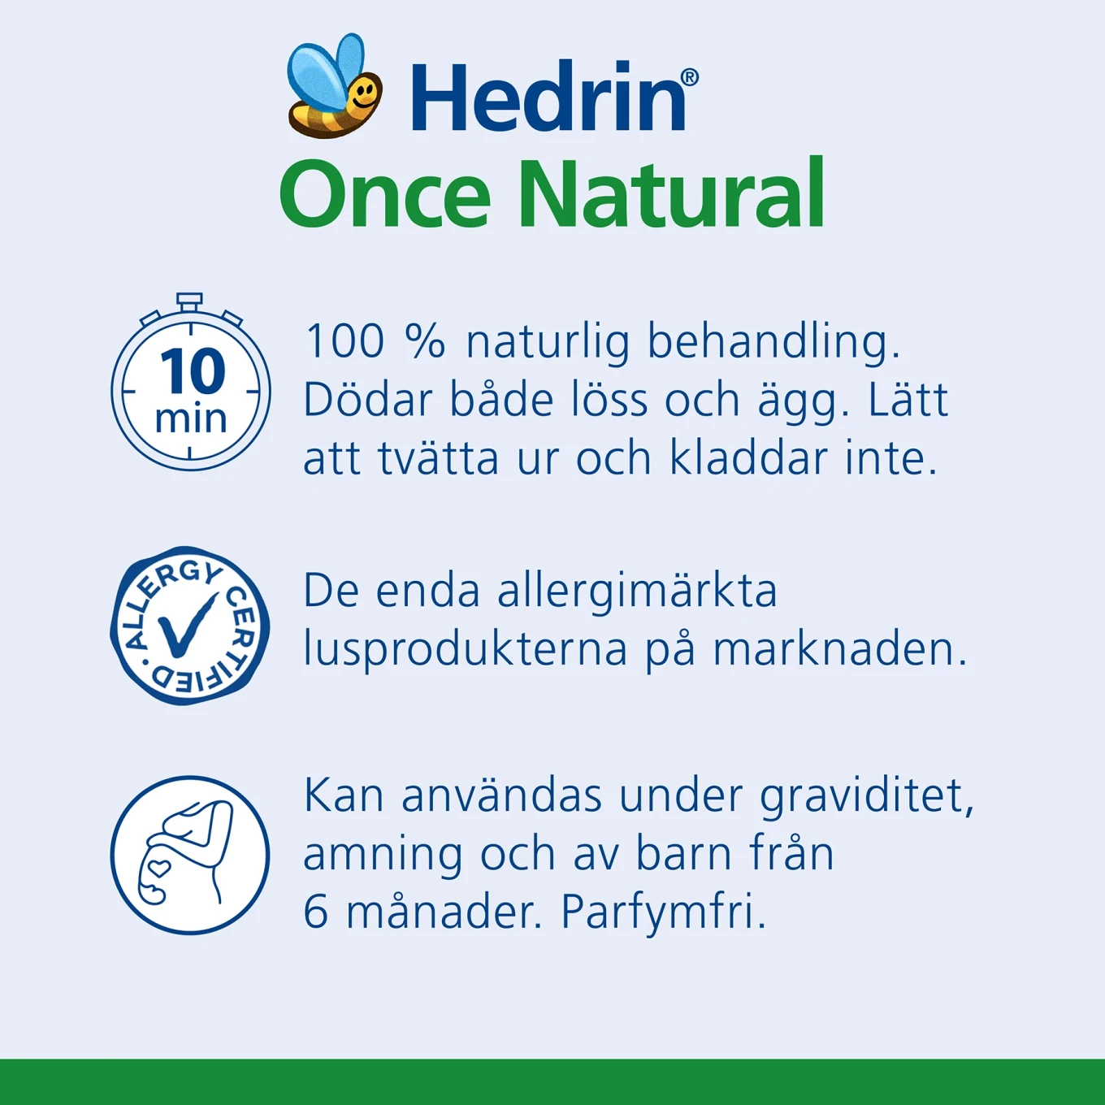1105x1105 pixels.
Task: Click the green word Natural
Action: (x=671, y=195)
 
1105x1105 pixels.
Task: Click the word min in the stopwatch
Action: (x=191, y=418)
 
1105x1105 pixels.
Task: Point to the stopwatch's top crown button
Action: (x=189, y=301)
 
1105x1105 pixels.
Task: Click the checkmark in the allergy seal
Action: (x=188, y=624)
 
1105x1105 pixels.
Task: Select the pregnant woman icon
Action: (x=189, y=855)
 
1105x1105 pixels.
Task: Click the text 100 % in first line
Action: (x=375, y=340)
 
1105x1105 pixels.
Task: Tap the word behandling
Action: (x=773, y=340)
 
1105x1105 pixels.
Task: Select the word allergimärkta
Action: (x=637, y=591)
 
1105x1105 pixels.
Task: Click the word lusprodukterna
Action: (x=465, y=650)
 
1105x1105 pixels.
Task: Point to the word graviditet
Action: (x=866, y=796)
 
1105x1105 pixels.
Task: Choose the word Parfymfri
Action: (x=663, y=912)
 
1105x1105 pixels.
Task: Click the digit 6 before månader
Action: (x=315, y=912)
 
